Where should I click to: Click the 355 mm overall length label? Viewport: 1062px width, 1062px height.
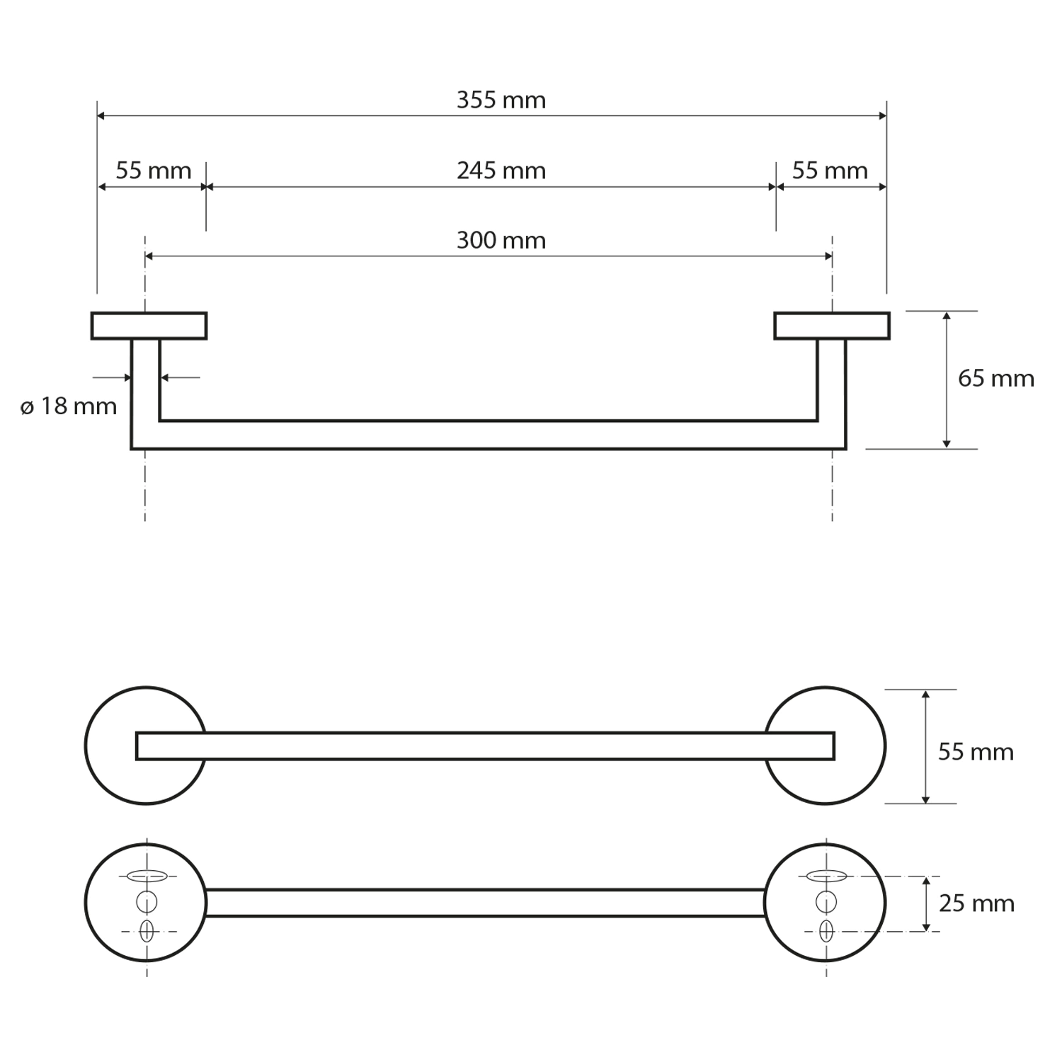(x=501, y=101)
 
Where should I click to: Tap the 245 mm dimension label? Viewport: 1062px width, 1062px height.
(x=501, y=171)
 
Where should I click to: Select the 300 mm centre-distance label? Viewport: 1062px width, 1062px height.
(x=501, y=241)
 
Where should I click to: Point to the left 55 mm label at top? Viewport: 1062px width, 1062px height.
(x=153, y=171)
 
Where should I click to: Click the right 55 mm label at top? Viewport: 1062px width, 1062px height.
(x=830, y=171)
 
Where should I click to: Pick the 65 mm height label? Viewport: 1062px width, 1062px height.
(x=995, y=379)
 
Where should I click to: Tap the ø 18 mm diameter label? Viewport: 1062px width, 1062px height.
(x=69, y=406)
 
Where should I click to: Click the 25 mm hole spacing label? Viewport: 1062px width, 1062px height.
(x=976, y=903)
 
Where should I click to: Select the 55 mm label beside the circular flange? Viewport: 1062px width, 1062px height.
(x=976, y=751)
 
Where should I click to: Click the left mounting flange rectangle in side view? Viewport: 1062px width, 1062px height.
(x=149, y=326)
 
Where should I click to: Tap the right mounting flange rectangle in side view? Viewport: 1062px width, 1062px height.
(x=832, y=326)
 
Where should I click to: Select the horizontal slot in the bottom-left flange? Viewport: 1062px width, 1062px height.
(x=147, y=876)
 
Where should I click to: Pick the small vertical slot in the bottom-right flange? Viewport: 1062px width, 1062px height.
(x=826, y=931)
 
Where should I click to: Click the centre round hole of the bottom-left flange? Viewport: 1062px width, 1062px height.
(x=147, y=902)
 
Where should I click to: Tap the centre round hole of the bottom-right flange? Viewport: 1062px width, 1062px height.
(x=826, y=902)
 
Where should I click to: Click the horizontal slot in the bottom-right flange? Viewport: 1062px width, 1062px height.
(x=826, y=876)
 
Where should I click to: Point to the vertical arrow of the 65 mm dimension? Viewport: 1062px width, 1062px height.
(x=947, y=379)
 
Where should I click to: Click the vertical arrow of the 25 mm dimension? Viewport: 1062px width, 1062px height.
(x=925, y=903)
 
